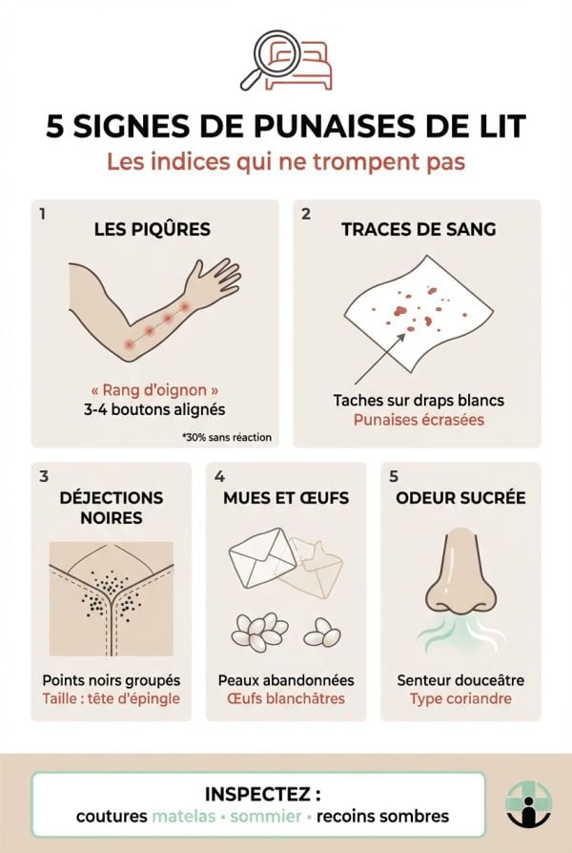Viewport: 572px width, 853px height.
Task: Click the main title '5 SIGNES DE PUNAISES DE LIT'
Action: (x=285, y=127)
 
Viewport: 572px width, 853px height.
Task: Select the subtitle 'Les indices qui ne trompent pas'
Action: (x=285, y=162)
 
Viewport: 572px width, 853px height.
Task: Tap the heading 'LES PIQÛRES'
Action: (x=153, y=229)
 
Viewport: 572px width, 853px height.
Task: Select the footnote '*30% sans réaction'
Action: (x=226, y=438)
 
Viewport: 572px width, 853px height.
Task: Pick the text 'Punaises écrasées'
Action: (x=419, y=420)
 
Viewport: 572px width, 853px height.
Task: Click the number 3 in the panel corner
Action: (x=44, y=475)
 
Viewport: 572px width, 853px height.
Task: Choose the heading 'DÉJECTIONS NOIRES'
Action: (x=111, y=508)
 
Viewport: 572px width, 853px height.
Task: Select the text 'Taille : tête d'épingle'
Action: (x=111, y=698)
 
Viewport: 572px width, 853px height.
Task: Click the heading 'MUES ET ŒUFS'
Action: (x=286, y=498)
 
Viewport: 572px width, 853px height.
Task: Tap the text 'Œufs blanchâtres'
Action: (x=286, y=698)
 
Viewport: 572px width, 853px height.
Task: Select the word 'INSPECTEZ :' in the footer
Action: (x=261, y=794)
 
